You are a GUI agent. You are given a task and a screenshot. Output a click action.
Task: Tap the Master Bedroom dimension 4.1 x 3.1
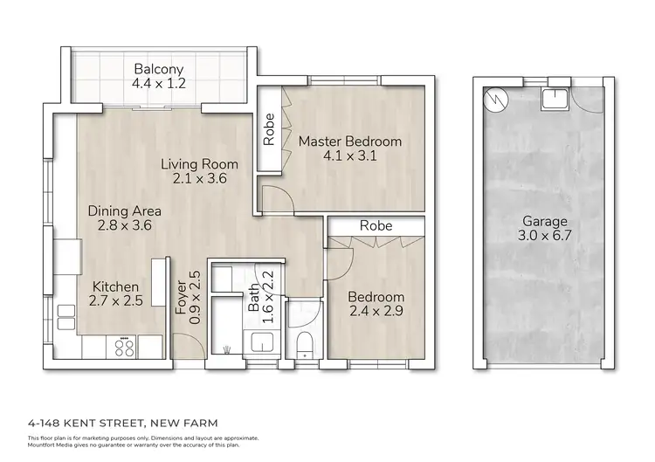pyautogui.click(x=349, y=157)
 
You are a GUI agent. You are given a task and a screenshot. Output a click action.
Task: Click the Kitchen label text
pyautogui.click(x=116, y=286)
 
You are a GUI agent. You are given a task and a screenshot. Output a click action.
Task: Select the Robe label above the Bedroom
pyautogui.click(x=376, y=225)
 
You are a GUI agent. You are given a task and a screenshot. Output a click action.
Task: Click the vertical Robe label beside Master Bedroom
pyautogui.click(x=270, y=130)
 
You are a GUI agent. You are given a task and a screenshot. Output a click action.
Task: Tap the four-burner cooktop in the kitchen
pyautogui.click(x=124, y=348)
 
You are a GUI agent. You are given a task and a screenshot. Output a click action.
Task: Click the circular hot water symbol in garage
pyautogui.click(x=495, y=99)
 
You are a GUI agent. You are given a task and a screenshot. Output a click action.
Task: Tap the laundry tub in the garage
pyautogui.click(x=553, y=99)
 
